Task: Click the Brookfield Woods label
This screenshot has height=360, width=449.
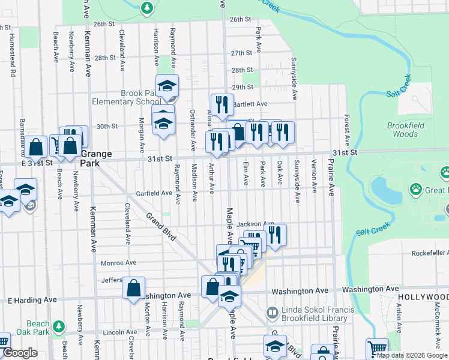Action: click(411, 130)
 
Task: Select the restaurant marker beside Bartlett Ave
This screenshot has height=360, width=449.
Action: click(222, 105)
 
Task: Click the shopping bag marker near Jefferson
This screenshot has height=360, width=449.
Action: click(133, 287)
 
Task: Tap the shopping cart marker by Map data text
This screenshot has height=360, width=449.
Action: click(376, 348)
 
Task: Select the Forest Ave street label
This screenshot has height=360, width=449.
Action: click(347, 128)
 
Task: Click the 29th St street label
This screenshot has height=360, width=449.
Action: click(243, 87)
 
